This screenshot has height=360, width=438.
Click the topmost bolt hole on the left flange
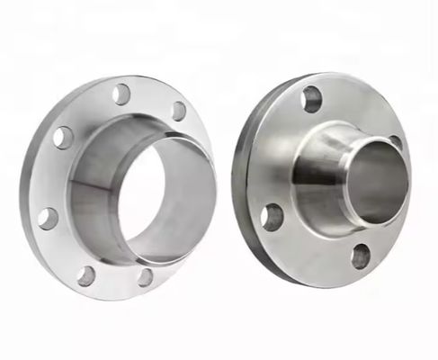[121, 94]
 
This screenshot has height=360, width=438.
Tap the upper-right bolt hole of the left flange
[179, 112]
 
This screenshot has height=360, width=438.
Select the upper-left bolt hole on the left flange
[63, 138]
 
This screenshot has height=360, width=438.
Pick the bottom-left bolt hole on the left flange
[86, 275]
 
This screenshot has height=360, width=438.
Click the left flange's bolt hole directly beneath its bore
[146, 277]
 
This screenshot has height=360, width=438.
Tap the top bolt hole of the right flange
[312, 98]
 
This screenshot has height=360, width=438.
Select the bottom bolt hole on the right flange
[361, 257]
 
